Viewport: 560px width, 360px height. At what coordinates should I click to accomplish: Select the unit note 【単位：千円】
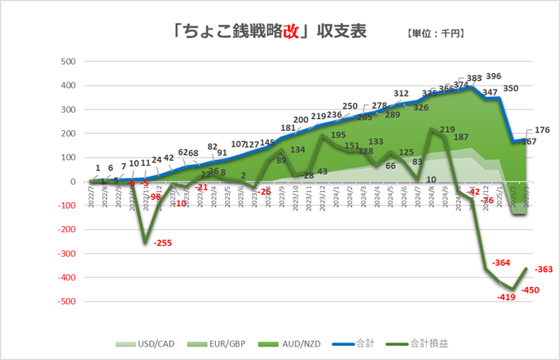click(435, 34)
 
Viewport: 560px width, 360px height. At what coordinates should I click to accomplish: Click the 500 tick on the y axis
click(68, 62)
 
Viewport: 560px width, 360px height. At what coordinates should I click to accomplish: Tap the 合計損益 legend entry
click(420, 344)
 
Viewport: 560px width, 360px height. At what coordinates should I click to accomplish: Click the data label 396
click(493, 77)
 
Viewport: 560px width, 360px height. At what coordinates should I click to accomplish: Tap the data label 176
click(543, 130)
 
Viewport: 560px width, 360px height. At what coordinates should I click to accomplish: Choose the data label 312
click(401, 94)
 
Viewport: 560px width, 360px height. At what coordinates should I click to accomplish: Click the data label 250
click(350, 106)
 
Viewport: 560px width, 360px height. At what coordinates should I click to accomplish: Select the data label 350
click(511, 89)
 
